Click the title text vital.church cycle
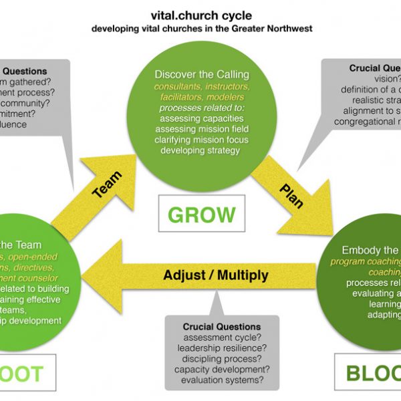200,18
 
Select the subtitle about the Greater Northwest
200,29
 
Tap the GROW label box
202,215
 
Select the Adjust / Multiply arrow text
216,275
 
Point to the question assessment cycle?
221,338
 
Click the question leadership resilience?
221,348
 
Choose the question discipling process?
221,359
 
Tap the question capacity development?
221,370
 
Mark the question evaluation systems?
221,380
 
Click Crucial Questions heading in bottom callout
221,327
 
